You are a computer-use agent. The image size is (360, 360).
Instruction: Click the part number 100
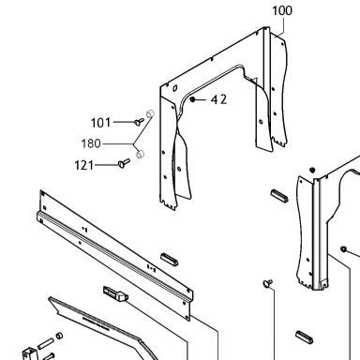282,10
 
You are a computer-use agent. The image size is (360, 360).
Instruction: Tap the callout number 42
218,99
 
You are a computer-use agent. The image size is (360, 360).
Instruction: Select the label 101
100,123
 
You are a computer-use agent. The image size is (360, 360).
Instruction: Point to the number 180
91,143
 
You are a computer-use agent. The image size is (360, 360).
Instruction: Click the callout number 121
84,165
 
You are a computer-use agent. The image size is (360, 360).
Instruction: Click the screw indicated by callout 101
139,122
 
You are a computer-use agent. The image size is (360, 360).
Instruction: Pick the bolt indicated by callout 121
124,163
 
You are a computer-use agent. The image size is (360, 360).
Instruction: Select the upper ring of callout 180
150,112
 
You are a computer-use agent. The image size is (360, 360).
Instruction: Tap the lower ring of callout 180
141,154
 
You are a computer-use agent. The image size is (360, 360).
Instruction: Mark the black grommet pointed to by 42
192,99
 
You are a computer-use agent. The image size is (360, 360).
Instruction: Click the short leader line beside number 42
201,99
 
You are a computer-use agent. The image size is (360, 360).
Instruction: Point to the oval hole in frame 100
174,88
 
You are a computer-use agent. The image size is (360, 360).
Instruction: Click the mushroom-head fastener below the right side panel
268,283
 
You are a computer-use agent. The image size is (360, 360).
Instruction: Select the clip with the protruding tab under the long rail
115,293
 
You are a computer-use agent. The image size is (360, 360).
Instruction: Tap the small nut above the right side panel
312,170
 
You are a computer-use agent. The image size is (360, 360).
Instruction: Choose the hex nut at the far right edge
343,249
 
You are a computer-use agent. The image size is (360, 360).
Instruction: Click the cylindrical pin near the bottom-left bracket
46,344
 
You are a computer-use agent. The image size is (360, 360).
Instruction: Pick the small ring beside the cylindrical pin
59,336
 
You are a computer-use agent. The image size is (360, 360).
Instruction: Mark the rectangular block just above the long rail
170,260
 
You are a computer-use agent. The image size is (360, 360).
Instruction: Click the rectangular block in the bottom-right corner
304,337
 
